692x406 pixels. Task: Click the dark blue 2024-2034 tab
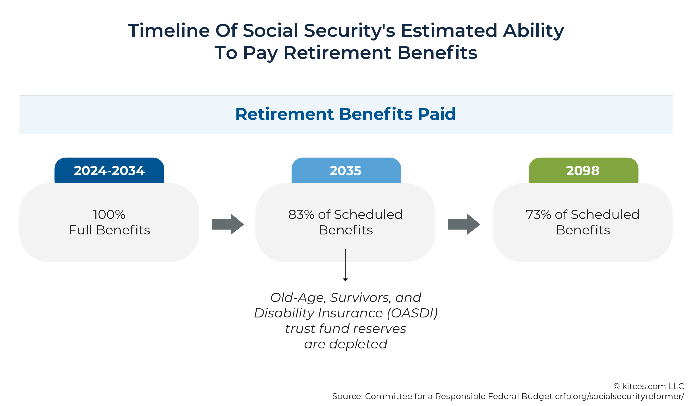pos(109,171)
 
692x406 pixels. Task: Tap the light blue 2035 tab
pos(346,171)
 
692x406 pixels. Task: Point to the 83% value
pos(301,215)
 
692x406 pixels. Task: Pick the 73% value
pos(538,215)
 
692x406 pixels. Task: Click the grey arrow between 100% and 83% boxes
pos(228,224)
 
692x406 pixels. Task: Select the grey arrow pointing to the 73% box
pos(464,224)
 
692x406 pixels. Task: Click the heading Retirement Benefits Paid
pos(346,114)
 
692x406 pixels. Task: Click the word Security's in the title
pos(349,31)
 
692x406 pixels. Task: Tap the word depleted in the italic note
pos(358,344)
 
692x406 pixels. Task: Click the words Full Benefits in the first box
pos(109,230)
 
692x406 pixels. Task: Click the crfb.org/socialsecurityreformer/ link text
pos(619,396)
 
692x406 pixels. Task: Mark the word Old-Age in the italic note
pos(298,298)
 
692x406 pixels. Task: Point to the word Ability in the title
pos(533,31)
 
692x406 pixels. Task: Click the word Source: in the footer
pos(347,396)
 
